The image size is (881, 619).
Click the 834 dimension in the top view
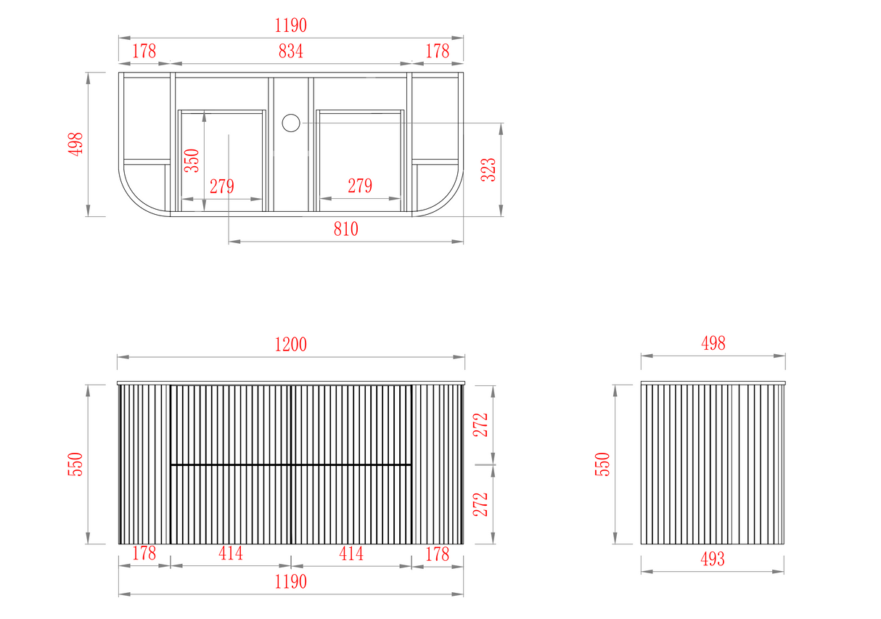(x=291, y=51)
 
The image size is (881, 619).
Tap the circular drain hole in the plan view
(x=291, y=123)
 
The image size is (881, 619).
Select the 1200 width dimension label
(x=291, y=345)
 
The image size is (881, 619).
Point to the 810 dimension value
(x=346, y=229)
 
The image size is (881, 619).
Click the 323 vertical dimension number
(x=488, y=170)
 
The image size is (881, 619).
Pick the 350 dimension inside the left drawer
(x=192, y=160)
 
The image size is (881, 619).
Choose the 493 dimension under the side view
(x=713, y=559)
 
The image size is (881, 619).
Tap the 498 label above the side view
(x=713, y=343)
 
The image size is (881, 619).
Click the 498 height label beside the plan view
(x=75, y=144)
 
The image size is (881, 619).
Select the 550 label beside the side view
(x=602, y=464)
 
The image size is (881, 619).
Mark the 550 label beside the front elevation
(x=75, y=464)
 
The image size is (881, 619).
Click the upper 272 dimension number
(x=480, y=425)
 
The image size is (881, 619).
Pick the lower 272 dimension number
(x=480, y=504)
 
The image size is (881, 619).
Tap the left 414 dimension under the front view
(x=231, y=553)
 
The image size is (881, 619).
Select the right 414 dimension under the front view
(x=351, y=553)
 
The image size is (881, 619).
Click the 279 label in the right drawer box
(x=360, y=186)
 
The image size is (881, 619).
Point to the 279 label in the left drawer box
(x=222, y=186)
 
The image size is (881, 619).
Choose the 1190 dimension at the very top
(x=291, y=25)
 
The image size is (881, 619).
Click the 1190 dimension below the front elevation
(x=291, y=582)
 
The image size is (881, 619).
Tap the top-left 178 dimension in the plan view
(x=144, y=51)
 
